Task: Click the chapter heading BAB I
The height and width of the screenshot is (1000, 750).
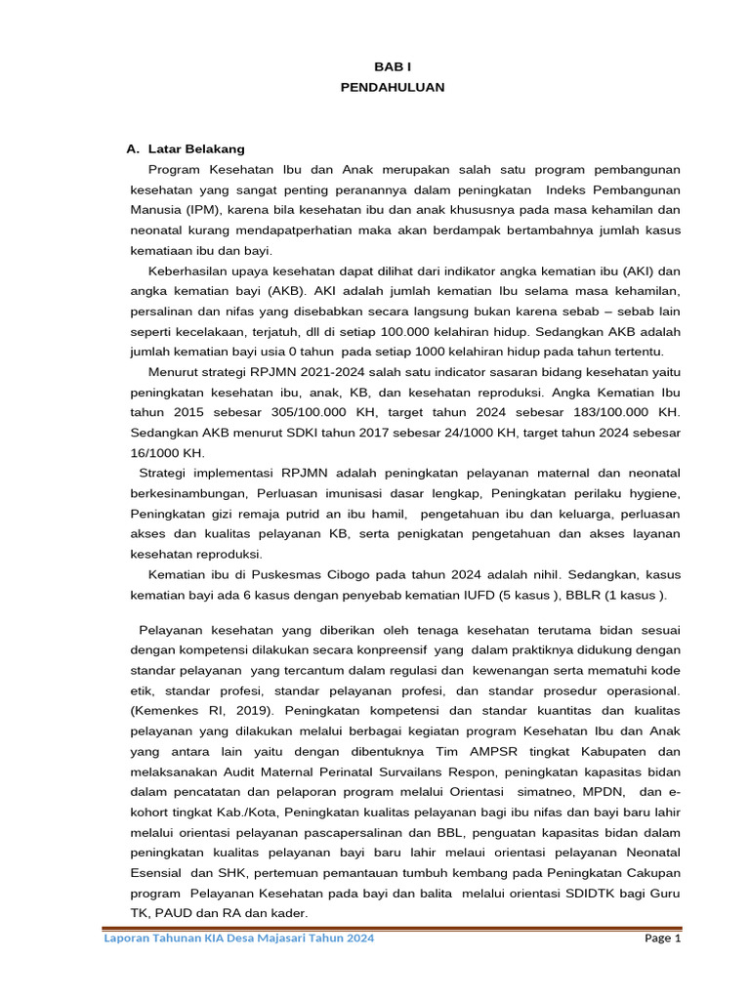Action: pyautogui.click(x=392, y=66)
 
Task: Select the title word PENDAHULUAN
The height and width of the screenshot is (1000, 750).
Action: pyautogui.click(x=392, y=87)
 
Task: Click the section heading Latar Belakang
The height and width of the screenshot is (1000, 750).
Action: pyautogui.click(x=196, y=149)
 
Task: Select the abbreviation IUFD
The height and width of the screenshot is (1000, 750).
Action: pyautogui.click(x=505, y=596)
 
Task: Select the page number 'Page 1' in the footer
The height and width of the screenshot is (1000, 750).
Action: pyautogui.click(x=662, y=938)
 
